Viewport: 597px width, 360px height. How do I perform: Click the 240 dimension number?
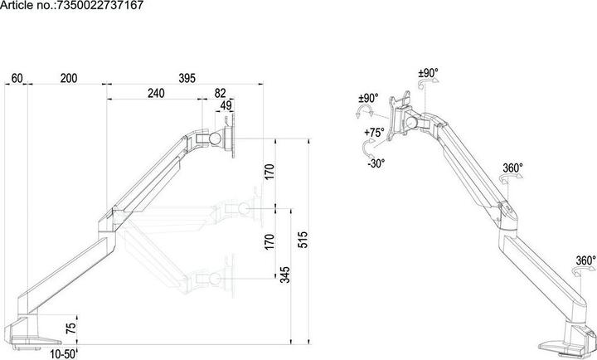tap(155, 94)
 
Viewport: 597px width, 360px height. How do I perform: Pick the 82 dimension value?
tap(219, 94)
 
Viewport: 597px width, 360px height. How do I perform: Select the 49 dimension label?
tap(226, 106)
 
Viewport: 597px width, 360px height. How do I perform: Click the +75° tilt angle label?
tap(373, 132)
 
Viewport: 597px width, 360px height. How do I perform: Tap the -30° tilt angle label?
tap(375, 163)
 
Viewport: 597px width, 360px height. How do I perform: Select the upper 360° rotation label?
tap(512, 168)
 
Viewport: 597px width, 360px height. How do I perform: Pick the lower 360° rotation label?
tap(585, 260)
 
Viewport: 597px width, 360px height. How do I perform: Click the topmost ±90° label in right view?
tap(428, 72)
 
